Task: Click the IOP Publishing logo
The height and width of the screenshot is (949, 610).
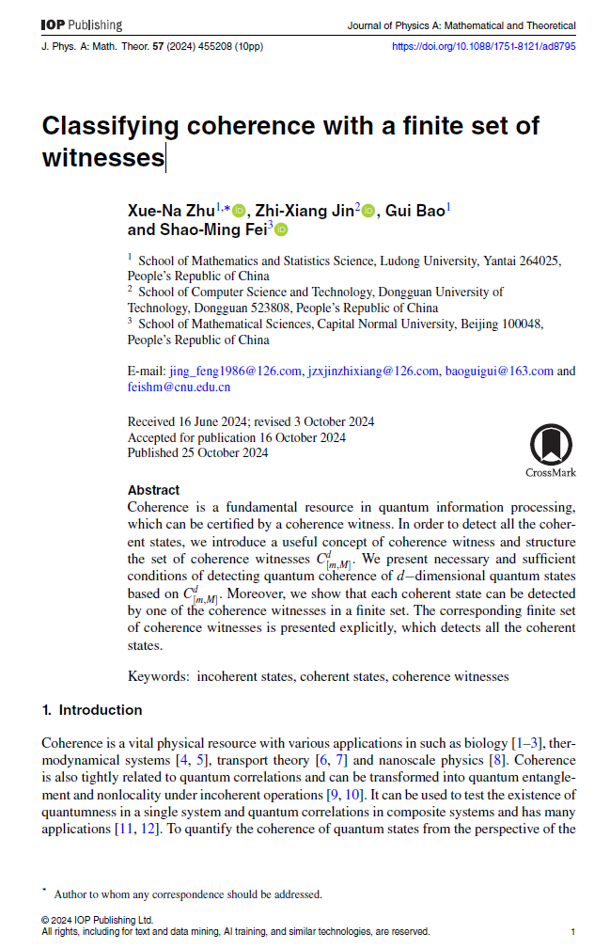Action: (82, 25)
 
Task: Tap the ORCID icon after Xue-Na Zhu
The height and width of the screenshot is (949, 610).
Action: (239, 212)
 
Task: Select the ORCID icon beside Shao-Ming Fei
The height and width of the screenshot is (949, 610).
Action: (281, 229)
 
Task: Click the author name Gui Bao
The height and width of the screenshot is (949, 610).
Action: (414, 211)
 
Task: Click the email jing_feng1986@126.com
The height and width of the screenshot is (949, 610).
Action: (235, 371)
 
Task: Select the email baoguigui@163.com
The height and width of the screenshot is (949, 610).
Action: (498, 371)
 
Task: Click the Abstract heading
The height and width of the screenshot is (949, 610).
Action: (153, 490)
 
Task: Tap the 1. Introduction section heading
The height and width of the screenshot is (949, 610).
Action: (92, 709)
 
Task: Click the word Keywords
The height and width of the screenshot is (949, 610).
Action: (156, 675)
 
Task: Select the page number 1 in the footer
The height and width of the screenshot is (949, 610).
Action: (572, 931)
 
